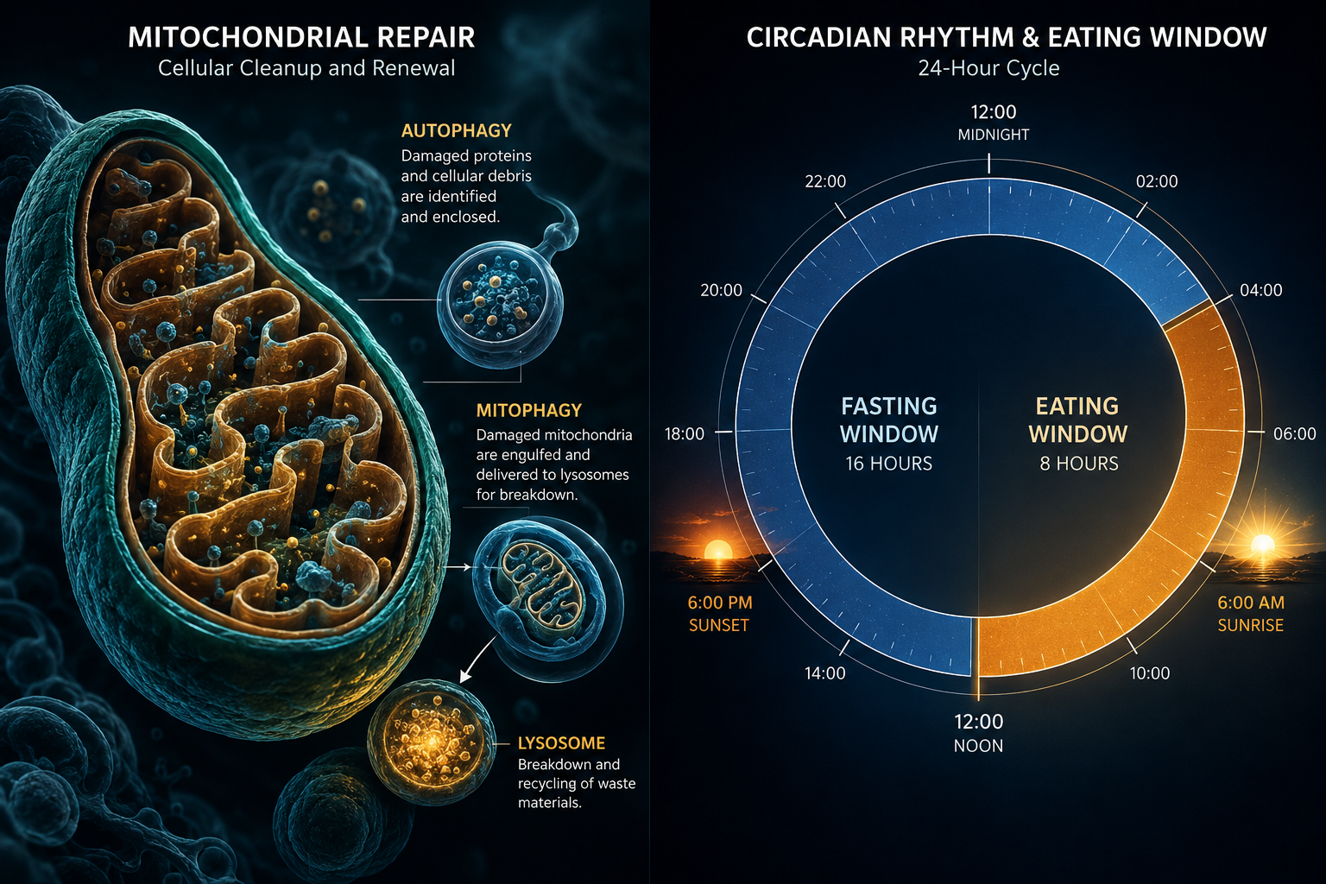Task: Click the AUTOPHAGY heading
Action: tap(457, 131)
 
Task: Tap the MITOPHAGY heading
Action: tap(529, 410)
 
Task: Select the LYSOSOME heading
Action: tap(561, 743)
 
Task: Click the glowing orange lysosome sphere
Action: tap(432, 740)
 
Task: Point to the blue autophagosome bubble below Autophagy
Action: tap(500, 304)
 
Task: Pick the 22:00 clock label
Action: tap(825, 181)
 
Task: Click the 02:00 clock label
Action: tap(1157, 181)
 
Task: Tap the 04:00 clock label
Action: tap(1261, 290)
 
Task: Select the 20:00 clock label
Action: tap(721, 290)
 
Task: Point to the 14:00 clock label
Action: tap(824, 673)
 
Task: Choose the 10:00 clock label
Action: tap(1150, 673)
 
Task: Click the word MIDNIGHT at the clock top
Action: tap(994, 135)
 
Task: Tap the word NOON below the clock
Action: tap(978, 746)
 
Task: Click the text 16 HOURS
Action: tap(888, 464)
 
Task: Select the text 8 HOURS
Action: tap(1079, 464)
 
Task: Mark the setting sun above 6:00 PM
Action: tap(718, 550)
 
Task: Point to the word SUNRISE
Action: tap(1250, 625)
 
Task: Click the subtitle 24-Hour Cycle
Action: tap(988, 68)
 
